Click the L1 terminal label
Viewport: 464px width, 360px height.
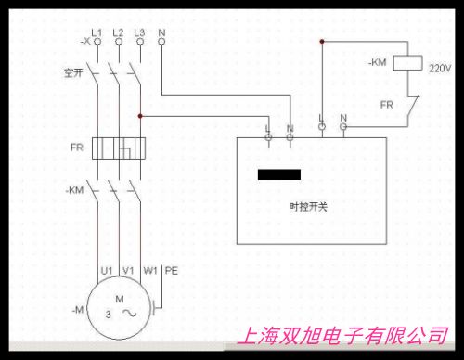[x=97, y=32]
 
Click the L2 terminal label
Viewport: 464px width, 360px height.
[x=119, y=32]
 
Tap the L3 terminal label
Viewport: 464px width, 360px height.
[x=140, y=32]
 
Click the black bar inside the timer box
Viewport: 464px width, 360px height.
[x=278, y=174]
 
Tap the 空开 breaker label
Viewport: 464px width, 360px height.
[x=72, y=71]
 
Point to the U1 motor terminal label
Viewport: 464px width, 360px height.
[x=106, y=270]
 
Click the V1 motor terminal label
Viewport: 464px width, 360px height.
[x=128, y=270]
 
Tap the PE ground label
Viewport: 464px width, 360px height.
[x=172, y=270]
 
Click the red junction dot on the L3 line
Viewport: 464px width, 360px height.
[x=140, y=116]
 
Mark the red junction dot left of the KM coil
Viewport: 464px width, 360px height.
[x=321, y=42]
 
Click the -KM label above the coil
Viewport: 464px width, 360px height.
[x=377, y=62]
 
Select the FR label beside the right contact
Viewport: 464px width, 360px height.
[x=385, y=104]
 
